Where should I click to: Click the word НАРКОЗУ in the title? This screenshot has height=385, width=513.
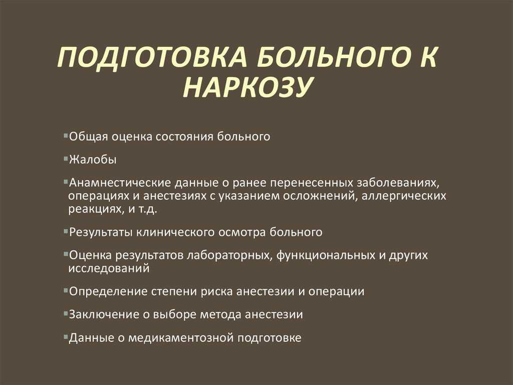point(246,87)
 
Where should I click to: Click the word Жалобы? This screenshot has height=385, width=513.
point(93,160)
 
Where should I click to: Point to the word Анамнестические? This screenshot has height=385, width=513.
point(120,183)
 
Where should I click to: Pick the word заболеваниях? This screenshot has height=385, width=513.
point(397,183)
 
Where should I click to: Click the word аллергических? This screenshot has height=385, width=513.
point(404,196)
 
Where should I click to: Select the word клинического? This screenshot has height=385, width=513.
point(175,232)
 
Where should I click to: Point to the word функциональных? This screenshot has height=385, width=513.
point(327,255)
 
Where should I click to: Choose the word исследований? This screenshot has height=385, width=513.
point(109,268)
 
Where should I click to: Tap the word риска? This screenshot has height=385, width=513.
point(216,292)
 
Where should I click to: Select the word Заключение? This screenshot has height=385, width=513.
point(104,314)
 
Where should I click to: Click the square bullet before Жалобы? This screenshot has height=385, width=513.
point(66,158)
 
